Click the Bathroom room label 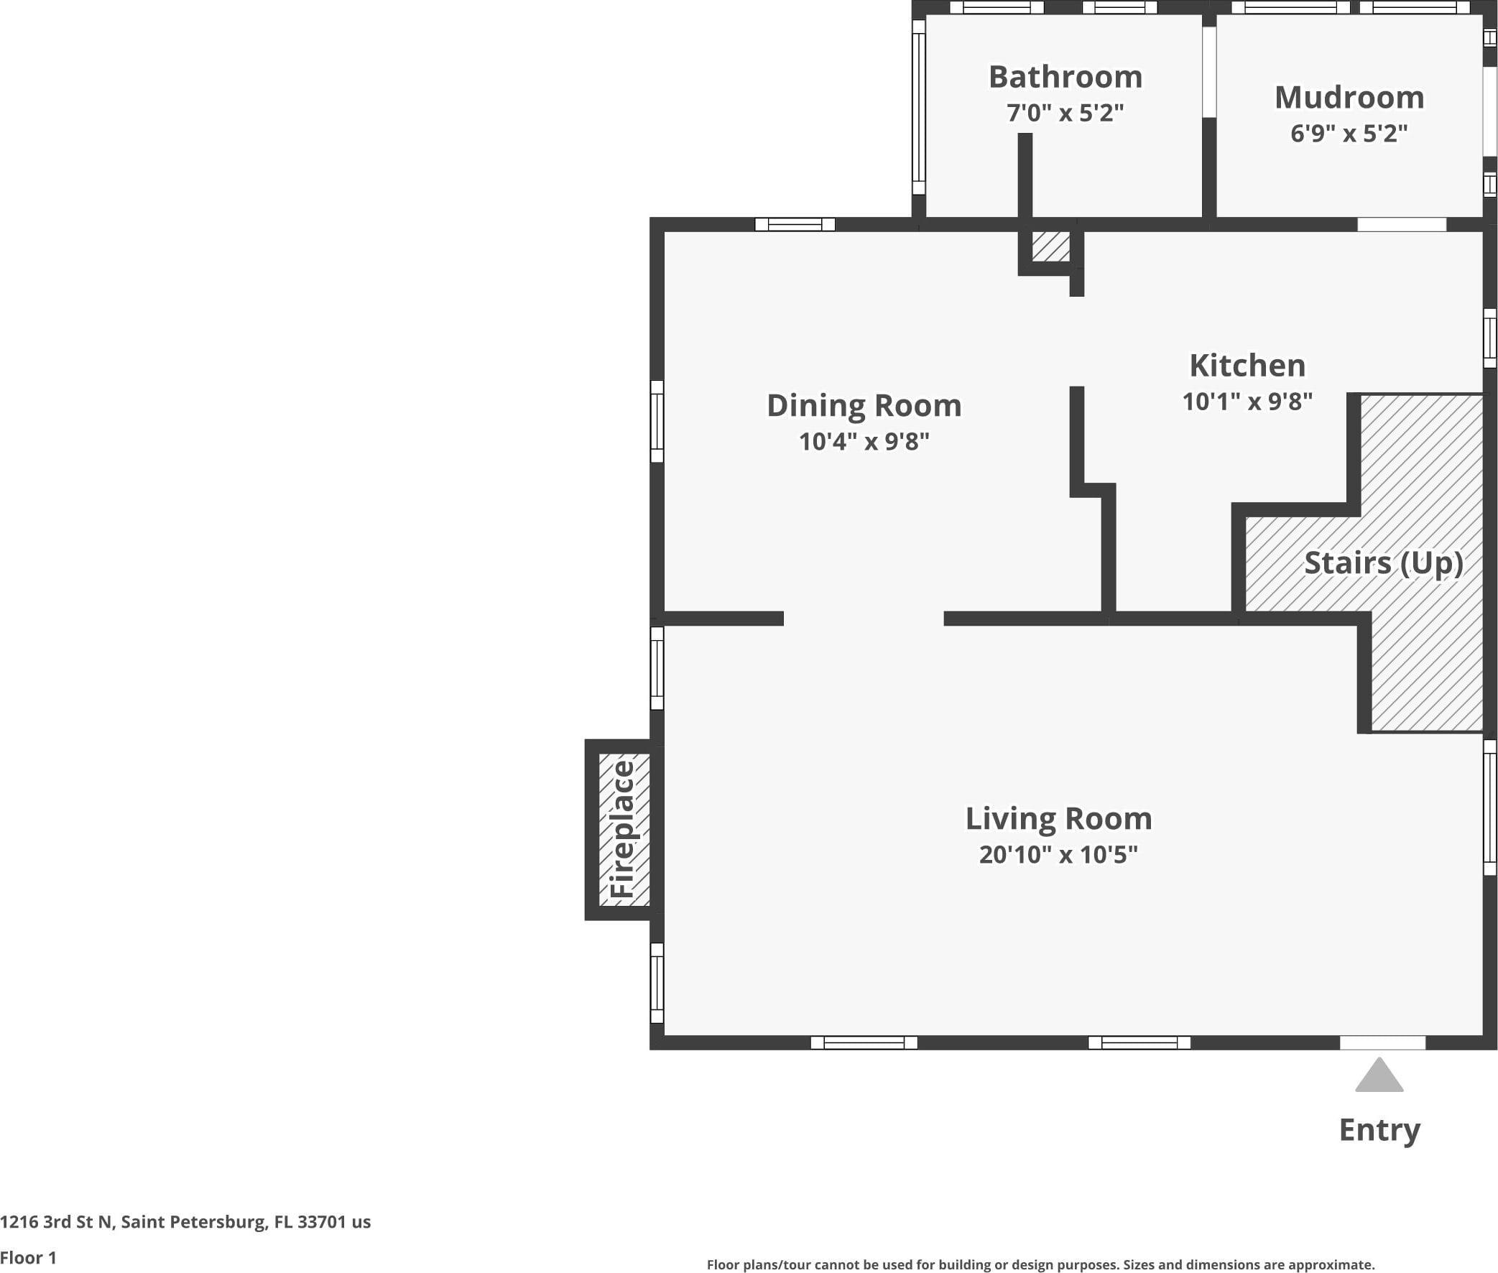click(1065, 76)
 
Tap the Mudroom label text click(1349, 98)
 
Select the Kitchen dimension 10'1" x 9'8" click(1247, 402)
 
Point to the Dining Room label click(864, 407)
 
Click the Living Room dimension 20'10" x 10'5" click(1058, 854)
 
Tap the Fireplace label click(623, 829)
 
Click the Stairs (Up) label click(1384, 563)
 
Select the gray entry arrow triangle click(1379, 1075)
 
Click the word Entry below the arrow click(1379, 1130)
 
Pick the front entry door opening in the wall click(1382, 1043)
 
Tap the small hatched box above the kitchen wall click(1050, 246)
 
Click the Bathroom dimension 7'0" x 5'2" click(1065, 114)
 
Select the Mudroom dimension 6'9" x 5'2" click(1349, 134)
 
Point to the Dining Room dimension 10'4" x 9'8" click(864, 442)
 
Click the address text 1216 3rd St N click(57, 1222)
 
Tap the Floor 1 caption click(28, 1258)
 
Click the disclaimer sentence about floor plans click(1040, 1264)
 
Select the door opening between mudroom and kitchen click(1402, 224)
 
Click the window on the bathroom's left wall click(919, 107)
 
